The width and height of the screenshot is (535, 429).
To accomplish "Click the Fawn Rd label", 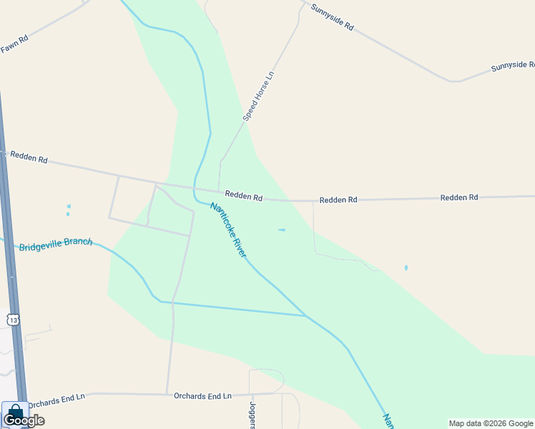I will (14, 44).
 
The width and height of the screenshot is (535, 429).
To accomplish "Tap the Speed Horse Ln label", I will (258, 95).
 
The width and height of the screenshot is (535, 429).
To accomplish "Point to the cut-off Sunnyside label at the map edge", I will (512, 66).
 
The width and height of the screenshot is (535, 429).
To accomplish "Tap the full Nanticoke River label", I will (228, 230).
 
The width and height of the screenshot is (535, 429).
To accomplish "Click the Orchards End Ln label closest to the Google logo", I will (56, 397).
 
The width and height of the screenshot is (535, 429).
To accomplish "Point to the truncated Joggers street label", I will (252, 414).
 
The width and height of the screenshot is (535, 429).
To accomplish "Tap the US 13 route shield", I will (13, 319).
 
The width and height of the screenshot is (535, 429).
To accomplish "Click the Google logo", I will (24, 420).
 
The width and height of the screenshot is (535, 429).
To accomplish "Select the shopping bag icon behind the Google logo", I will (15, 412).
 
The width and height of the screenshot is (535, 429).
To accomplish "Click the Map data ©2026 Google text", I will (491, 423).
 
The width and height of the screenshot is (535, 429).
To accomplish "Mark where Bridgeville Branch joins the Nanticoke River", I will (306, 315).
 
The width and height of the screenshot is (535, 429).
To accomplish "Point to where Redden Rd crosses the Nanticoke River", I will (195, 189).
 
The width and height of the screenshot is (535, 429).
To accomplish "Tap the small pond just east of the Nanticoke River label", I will (281, 230).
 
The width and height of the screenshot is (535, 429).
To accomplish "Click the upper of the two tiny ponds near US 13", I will (69, 207).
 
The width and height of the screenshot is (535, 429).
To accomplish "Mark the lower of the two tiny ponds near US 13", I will (68, 214).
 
